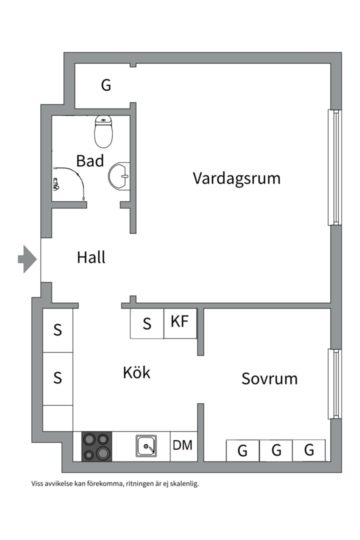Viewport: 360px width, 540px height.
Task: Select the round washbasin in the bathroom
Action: pyautogui.click(x=119, y=175)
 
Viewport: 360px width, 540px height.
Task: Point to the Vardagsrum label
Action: pyautogui.click(x=236, y=178)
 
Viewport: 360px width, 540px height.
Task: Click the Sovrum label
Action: pyautogui.click(x=269, y=378)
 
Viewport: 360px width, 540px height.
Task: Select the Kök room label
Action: pyautogui.click(x=136, y=372)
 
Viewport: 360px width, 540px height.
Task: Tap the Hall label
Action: pyautogui.click(x=91, y=258)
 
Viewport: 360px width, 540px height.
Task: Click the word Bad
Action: pyautogui.click(x=90, y=161)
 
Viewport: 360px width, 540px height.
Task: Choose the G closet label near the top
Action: pyautogui.click(x=106, y=85)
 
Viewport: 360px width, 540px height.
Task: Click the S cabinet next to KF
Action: pyautogui.click(x=147, y=324)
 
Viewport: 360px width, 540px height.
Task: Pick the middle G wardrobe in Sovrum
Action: pyautogui.click(x=276, y=450)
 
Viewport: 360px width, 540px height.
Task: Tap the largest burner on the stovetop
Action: pyautogui.click(x=103, y=453)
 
